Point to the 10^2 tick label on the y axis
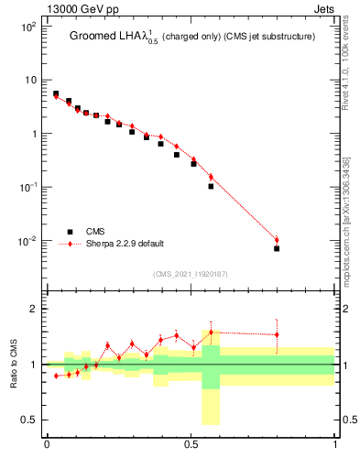[x=28, y=27]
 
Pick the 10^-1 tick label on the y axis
[x=28, y=187]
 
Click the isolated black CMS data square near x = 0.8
[x=277, y=248]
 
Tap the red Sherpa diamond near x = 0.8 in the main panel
[x=277, y=240]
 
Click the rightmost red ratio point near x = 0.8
[x=277, y=334]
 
